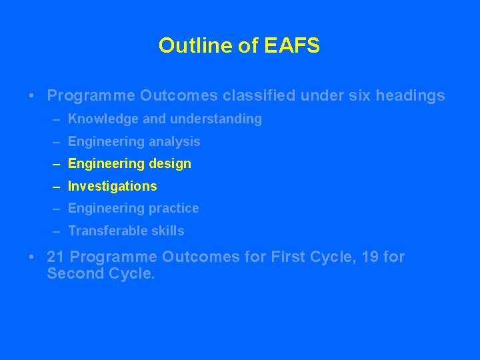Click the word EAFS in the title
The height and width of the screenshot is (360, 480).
[x=292, y=45]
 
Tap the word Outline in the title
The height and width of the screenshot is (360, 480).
[x=195, y=45]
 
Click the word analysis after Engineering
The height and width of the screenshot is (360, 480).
[x=175, y=141]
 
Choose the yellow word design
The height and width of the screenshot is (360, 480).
[x=167, y=164]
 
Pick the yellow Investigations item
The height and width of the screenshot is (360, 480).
[x=113, y=186]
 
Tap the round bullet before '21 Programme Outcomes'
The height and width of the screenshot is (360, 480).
[x=33, y=257]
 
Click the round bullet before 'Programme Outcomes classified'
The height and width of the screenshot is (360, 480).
[x=33, y=96]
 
